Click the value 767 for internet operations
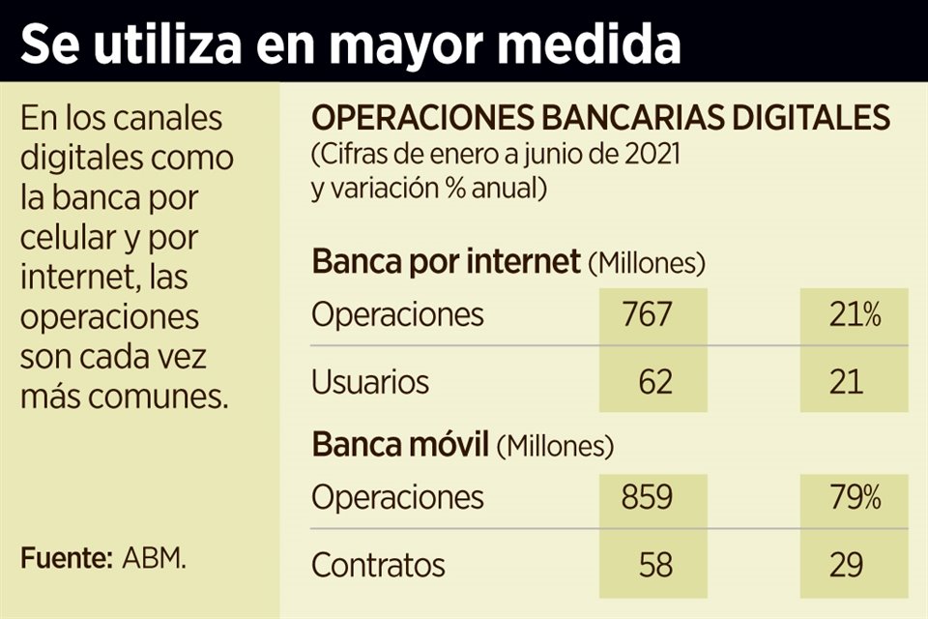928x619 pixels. pyautogui.click(x=648, y=315)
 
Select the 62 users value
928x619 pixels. pyautogui.click(x=654, y=382)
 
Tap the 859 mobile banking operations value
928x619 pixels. pyautogui.click(x=648, y=498)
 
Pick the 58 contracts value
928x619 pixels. pyautogui.click(x=654, y=564)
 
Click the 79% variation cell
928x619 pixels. pyautogui.click(x=855, y=498)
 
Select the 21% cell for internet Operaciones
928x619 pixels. pyautogui.click(x=855, y=315)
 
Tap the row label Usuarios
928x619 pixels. pyautogui.click(x=369, y=382)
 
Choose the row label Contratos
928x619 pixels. pyautogui.click(x=378, y=564)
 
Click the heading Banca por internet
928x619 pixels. pyautogui.click(x=446, y=262)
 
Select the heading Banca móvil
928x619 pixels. pyautogui.click(x=400, y=445)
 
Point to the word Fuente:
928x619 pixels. pyautogui.click(x=67, y=558)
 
